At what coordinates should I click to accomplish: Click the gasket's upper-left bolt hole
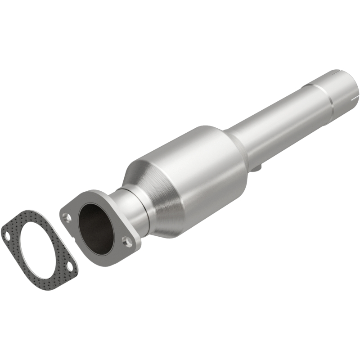click(x=8, y=234)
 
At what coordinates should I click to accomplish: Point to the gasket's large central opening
click(x=39, y=250)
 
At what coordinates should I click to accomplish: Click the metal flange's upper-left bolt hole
click(x=67, y=217)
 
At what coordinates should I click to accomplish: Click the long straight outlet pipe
click(x=279, y=117)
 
